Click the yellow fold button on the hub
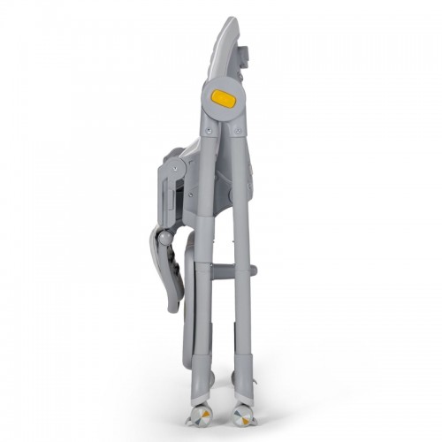[225, 99]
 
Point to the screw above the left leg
[209, 130]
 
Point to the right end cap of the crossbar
[254, 270]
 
